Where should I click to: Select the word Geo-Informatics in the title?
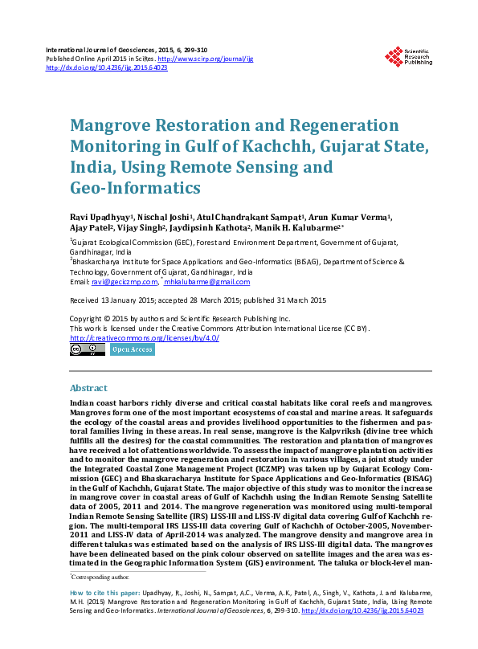135,189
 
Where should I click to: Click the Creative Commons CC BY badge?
87,349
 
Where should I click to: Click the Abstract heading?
88,388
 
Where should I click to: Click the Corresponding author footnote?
96,577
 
